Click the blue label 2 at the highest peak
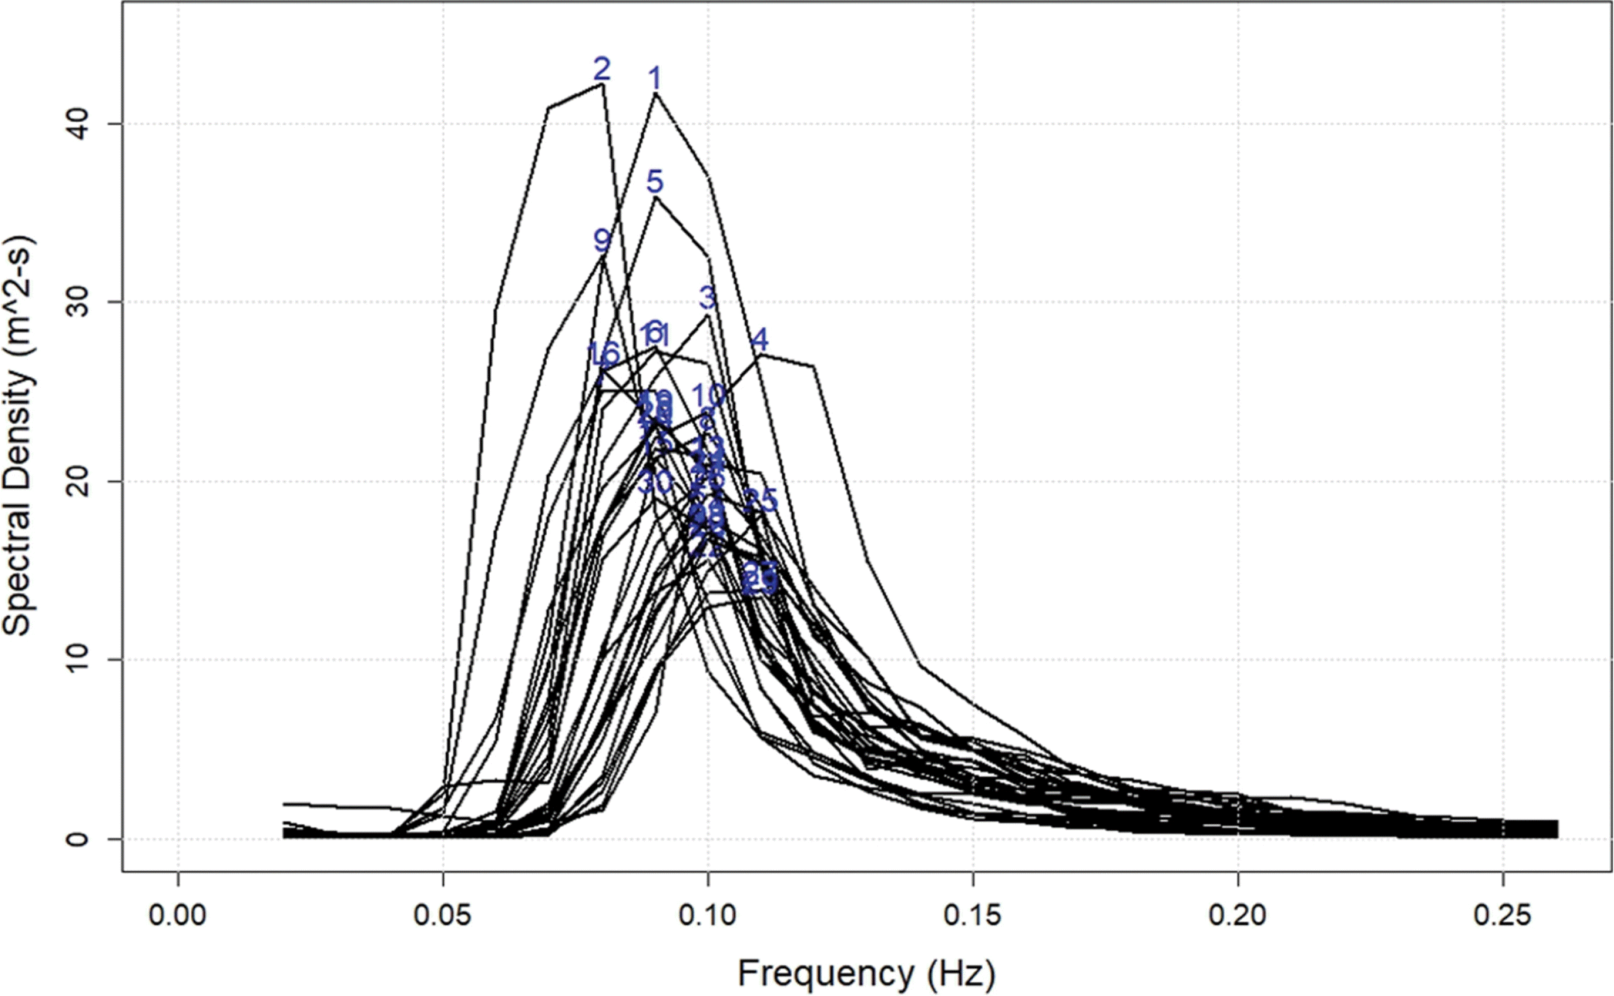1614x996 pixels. coord(602,69)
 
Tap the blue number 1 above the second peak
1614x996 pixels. coord(655,79)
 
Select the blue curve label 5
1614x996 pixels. coord(654,182)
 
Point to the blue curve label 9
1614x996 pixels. coord(602,240)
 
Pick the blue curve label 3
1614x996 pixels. coord(707,297)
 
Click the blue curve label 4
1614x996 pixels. coord(760,339)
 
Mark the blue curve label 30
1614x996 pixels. coord(656,482)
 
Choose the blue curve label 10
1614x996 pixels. coord(709,395)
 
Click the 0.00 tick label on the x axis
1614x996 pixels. coord(178,915)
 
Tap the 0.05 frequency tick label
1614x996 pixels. coord(443,915)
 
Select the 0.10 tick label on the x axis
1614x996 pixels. coord(708,915)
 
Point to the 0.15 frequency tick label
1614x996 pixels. coord(973,915)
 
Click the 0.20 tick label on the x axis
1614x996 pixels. coord(1238,915)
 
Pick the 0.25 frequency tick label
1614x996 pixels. coord(1503,915)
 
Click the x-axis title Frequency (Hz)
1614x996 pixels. coord(866,974)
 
